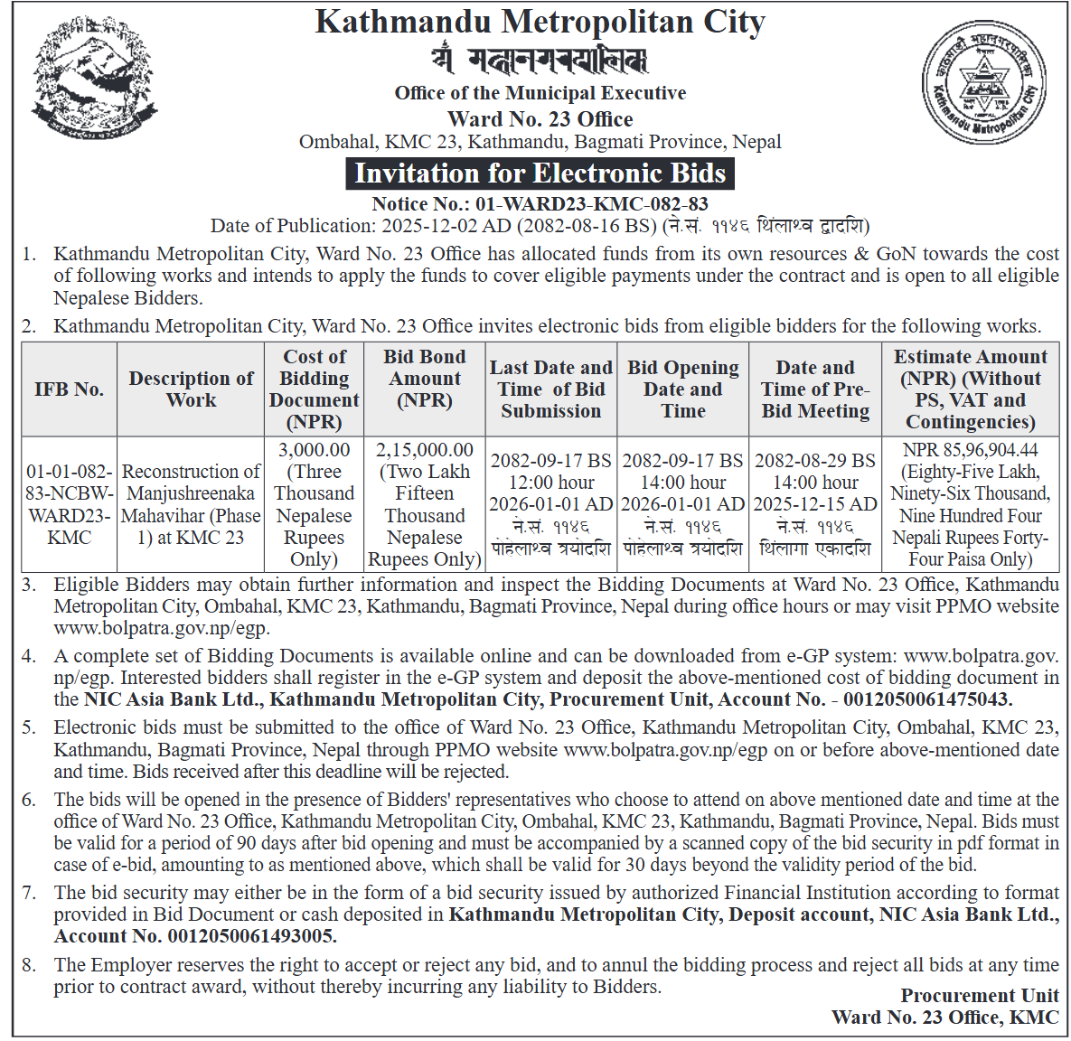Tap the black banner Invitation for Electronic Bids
click(x=540, y=173)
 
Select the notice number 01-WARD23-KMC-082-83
click(x=591, y=204)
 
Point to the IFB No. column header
click(x=70, y=389)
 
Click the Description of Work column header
click(x=191, y=389)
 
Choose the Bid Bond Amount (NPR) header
click(x=425, y=379)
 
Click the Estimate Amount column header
click(x=971, y=389)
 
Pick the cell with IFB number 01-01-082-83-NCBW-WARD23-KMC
click(x=70, y=504)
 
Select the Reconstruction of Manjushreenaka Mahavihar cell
click(x=191, y=504)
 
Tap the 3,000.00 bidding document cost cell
click(x=314, y=504)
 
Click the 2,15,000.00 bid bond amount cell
click(x=425, y=504)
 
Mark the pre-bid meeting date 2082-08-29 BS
click(x=815, y=461)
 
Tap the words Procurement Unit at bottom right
click(x=980, y=996)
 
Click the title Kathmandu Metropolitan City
click(x=540, y=22)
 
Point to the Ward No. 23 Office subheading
click(x=540, y=119)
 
